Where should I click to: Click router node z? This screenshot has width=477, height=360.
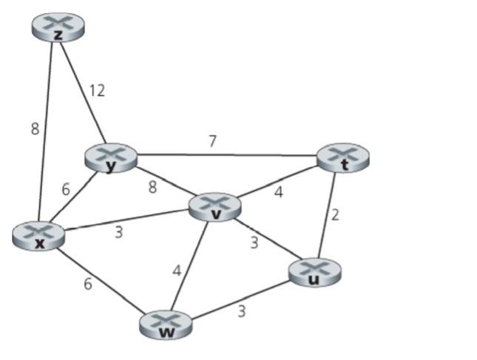[58, 26]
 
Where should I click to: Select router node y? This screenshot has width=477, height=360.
[111, 157]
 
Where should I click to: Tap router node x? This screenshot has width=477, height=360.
[38, 236]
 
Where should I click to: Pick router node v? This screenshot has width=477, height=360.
[215, 207]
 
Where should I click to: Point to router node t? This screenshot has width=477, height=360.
[342, 158]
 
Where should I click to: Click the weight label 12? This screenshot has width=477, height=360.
[97, 91]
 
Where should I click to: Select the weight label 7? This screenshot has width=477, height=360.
[212, 141]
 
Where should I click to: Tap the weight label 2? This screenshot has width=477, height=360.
[334, 215]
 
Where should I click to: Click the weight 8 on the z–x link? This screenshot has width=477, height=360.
[35, 129]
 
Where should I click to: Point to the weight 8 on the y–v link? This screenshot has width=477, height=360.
[152, 187]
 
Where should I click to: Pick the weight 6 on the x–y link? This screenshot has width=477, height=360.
[66, 189]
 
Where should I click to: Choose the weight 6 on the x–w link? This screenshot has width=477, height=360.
[88, 283]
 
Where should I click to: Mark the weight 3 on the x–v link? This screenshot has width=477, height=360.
[118, 233]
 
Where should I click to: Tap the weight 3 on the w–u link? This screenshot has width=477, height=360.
[241, 311]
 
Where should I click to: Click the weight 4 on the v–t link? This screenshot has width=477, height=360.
[279, 193]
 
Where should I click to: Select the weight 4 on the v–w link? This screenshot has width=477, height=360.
[176, 271]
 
